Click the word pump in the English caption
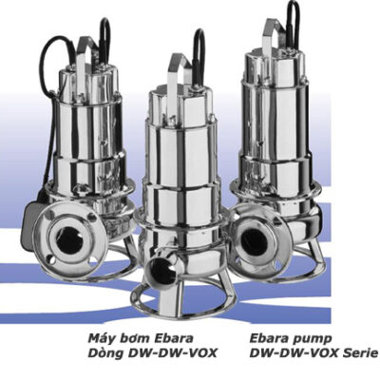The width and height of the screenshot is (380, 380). click(x=314, y=336)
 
